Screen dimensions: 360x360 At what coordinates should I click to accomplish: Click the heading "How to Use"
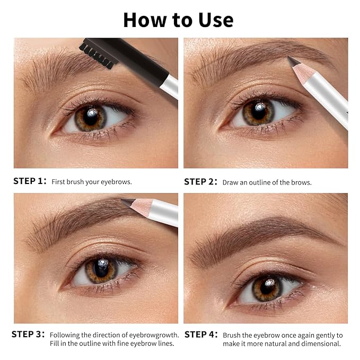[x=178, y=20]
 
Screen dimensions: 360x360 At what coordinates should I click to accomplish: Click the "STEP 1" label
[x=30, y=181]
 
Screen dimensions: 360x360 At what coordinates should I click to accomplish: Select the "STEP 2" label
[x=200, y=181]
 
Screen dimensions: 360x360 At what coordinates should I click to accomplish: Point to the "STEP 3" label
[x=28, y=335]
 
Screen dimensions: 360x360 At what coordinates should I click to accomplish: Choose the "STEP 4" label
[x=200, y=335]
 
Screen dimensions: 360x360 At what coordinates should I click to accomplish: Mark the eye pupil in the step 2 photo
[x=258, y=112]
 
